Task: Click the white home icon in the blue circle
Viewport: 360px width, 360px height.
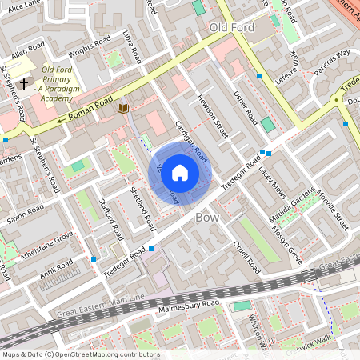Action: click(180, 173)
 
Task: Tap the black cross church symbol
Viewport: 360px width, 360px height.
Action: click(24, 82)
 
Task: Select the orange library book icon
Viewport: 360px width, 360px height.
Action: click(122, 108)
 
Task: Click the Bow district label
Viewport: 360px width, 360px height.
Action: click(207, 216)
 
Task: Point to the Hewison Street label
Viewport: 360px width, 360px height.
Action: click(212, 117)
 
